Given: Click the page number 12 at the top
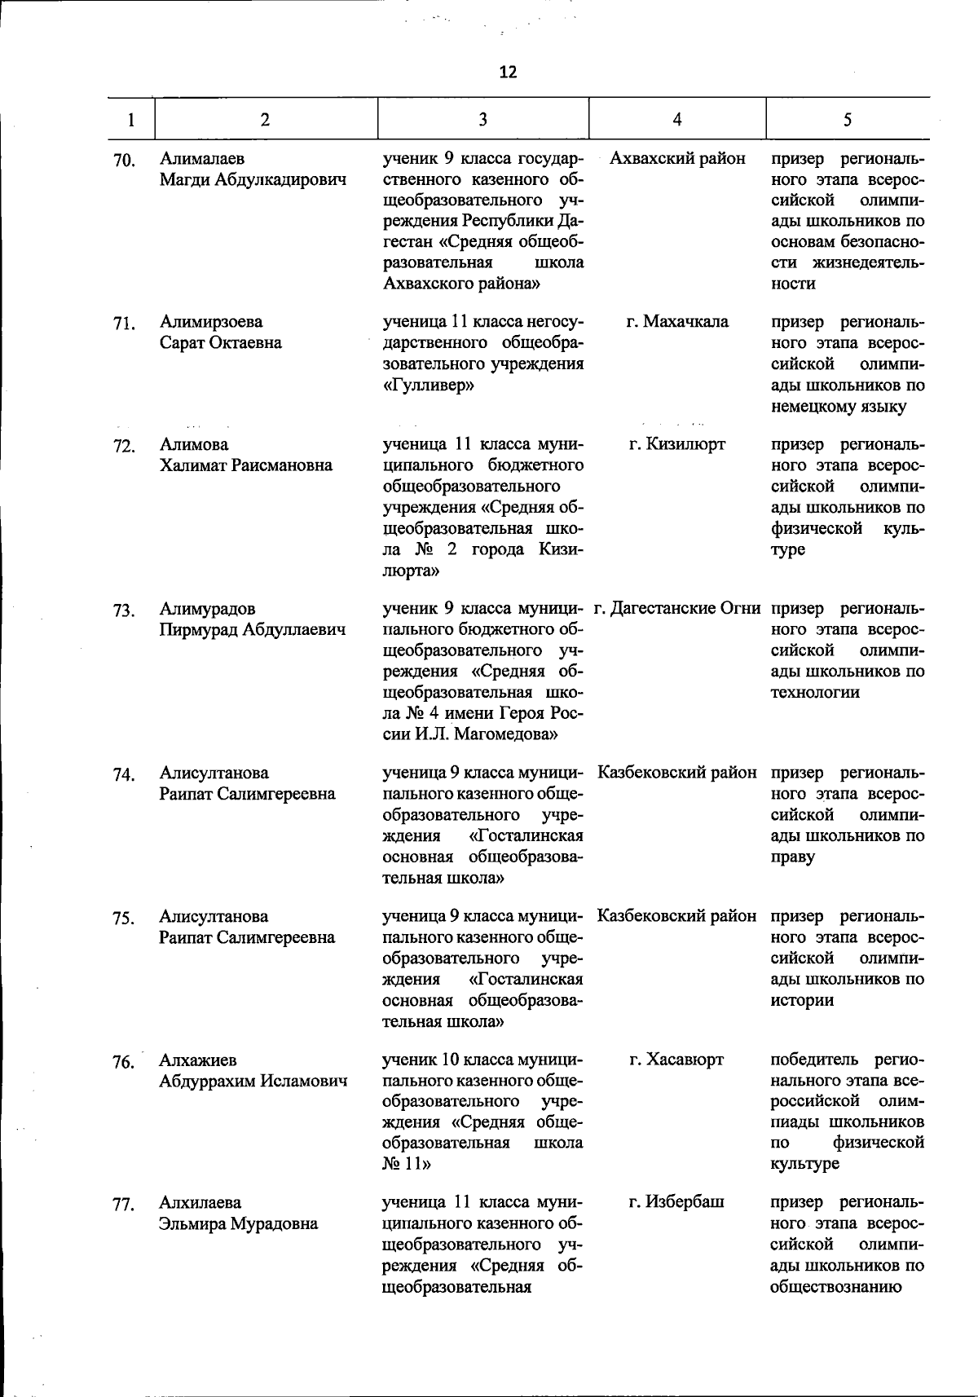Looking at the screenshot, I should point(508,73).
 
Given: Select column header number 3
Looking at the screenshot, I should point(482,119).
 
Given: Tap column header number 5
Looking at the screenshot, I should point(847,119).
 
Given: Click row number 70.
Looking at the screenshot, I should point(124,161).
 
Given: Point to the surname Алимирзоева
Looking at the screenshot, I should point(211,322).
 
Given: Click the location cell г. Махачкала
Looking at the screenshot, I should point(677,322).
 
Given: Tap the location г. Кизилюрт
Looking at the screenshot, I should point(677,444).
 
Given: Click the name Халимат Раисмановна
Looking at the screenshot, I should point(246,465).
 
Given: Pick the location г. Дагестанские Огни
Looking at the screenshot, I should point(677,608).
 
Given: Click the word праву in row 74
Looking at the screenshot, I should point(793,857).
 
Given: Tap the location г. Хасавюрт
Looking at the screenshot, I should point(676,1060).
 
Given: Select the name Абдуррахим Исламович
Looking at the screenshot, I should point(253,1082).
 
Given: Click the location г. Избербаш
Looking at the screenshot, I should point(676,1202).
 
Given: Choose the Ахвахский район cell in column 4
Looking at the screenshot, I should point(677,158).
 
